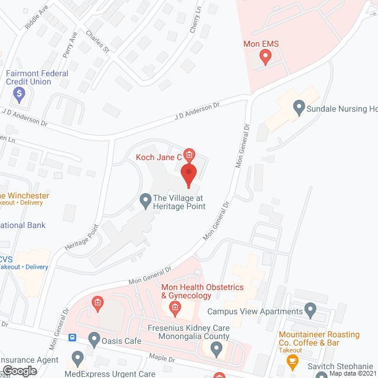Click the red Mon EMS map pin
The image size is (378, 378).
click(265, 57)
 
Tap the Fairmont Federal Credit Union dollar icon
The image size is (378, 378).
click(19, 93)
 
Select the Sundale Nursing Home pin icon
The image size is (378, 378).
click(299, 108)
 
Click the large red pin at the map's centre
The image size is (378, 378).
click(188, 175)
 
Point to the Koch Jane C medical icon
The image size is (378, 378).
click(189, 156)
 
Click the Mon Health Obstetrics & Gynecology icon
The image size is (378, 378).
click(175, 308)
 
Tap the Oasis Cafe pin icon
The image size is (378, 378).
click(94, 339)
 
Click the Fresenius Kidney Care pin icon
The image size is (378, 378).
click(216, 350)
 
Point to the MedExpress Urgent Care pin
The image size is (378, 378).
click(77, 357)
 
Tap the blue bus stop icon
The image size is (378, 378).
click(73, 337)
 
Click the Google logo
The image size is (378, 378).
click(19, 370)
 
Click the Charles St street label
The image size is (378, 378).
click(97, 41)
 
